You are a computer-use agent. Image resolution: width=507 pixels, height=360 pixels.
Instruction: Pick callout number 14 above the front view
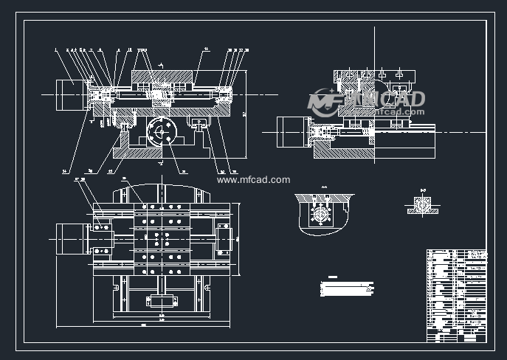pyautogui.click(x=206, y=50)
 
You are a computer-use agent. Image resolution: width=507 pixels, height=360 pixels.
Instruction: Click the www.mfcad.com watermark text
pyautogui.click(x=255, y=179)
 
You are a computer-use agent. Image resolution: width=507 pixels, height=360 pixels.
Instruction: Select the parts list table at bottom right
pyautogui.click(x=458, y=295)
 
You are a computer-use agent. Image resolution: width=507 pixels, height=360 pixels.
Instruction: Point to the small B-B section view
pyautogui.click(x=424, y=207)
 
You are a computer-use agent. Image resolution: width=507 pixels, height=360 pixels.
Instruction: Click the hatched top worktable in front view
pyautogui.click(x=163, y=76)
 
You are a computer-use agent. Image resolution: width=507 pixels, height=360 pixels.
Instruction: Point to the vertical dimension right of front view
pyautogui.click(x=244, y=111)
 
